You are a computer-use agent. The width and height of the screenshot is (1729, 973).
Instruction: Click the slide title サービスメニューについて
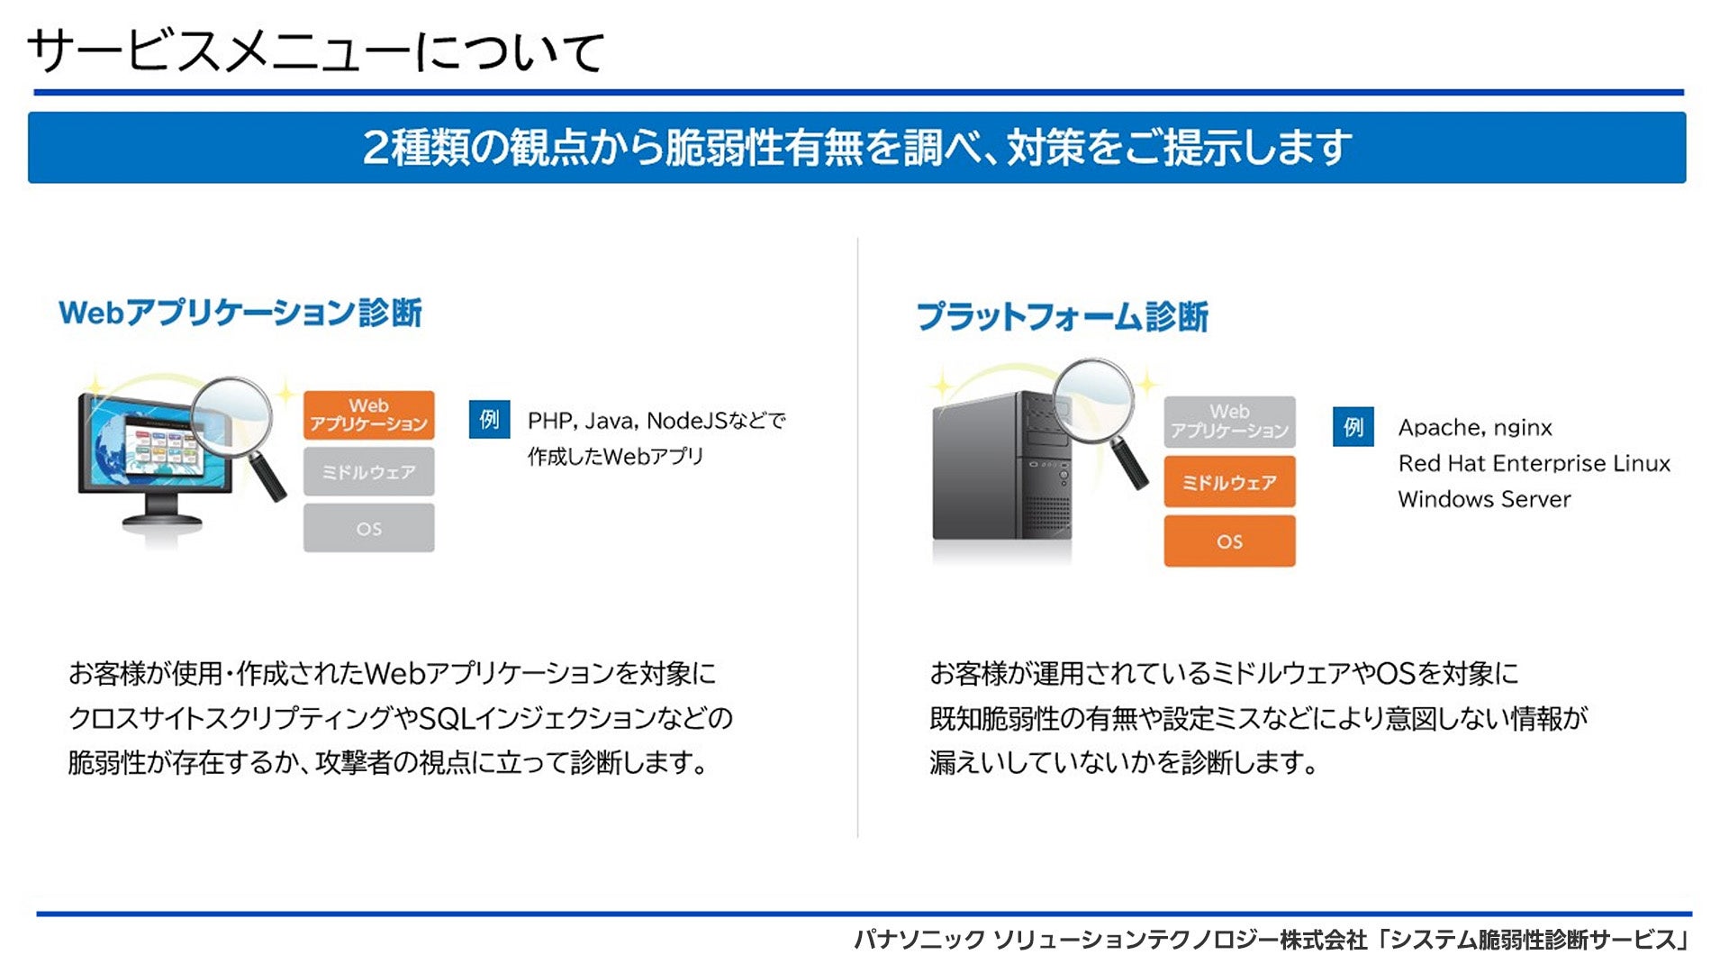coord(315,51)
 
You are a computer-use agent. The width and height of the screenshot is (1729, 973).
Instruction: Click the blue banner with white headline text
coord(856,148)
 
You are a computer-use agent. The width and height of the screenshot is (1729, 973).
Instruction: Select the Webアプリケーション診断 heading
coord(240,313)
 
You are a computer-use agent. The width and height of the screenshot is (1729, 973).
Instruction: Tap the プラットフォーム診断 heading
coord(1063,317)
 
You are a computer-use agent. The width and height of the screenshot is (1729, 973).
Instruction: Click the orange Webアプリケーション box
coord(368,414)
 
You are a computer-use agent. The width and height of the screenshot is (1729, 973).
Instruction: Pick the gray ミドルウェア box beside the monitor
coord(368,471)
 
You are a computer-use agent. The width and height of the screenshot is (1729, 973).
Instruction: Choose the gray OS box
coord(368,528)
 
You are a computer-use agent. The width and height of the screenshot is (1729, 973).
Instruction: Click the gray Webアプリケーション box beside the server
coord(1229,422)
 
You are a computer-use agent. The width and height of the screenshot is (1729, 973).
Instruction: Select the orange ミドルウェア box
coord(1229,482)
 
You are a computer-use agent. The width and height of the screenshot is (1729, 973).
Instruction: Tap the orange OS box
coord(1229,541)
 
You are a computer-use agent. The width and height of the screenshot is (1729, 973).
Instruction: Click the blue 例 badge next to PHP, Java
coord(489,419)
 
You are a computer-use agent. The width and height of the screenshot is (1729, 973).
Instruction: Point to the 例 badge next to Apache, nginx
coord(1353,427)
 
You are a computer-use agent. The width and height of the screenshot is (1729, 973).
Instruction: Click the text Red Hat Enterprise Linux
coord(1534,463)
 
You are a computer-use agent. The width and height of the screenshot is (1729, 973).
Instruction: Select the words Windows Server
coord(1484,499)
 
